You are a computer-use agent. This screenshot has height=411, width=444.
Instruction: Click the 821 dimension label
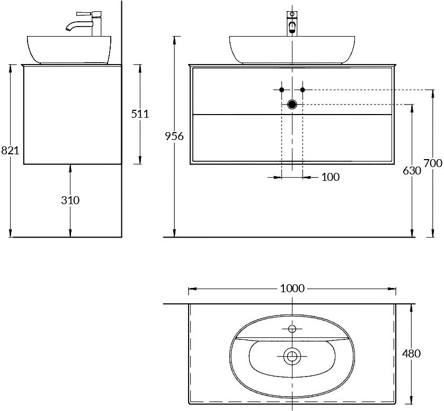click(x=10, y=151)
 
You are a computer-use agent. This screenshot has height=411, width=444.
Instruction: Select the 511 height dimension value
click(x=140, y=113)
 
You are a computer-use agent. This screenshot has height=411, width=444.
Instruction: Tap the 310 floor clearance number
click(x=70, y=200)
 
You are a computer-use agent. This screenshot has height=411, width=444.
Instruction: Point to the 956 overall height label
click(x=174, y=136)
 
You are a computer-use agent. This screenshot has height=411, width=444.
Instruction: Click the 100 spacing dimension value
click(x=330, y=177)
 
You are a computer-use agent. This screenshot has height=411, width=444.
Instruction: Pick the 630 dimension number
click(x=412, y=171)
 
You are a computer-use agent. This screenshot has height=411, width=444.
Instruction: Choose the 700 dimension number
click(x=433, y=164)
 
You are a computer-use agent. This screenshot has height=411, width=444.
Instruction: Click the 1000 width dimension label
click(x=292, y=288)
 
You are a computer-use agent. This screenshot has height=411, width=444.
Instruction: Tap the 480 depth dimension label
click(x=412, y=353)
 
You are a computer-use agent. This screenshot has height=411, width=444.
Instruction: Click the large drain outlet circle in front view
click(x=292, y=104)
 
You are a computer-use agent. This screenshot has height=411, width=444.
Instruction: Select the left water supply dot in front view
click(x=282, y=90)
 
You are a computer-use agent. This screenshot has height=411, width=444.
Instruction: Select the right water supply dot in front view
click(x=303, y=90)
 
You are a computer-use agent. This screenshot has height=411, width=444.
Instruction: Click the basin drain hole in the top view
click(x=291, y=356)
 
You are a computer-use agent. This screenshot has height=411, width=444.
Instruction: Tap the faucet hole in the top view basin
click(x=292, y=329)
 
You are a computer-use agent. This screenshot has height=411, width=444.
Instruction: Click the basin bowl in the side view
click(x=69, y=49)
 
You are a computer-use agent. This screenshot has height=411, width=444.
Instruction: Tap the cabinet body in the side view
click(x=73, y=115)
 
